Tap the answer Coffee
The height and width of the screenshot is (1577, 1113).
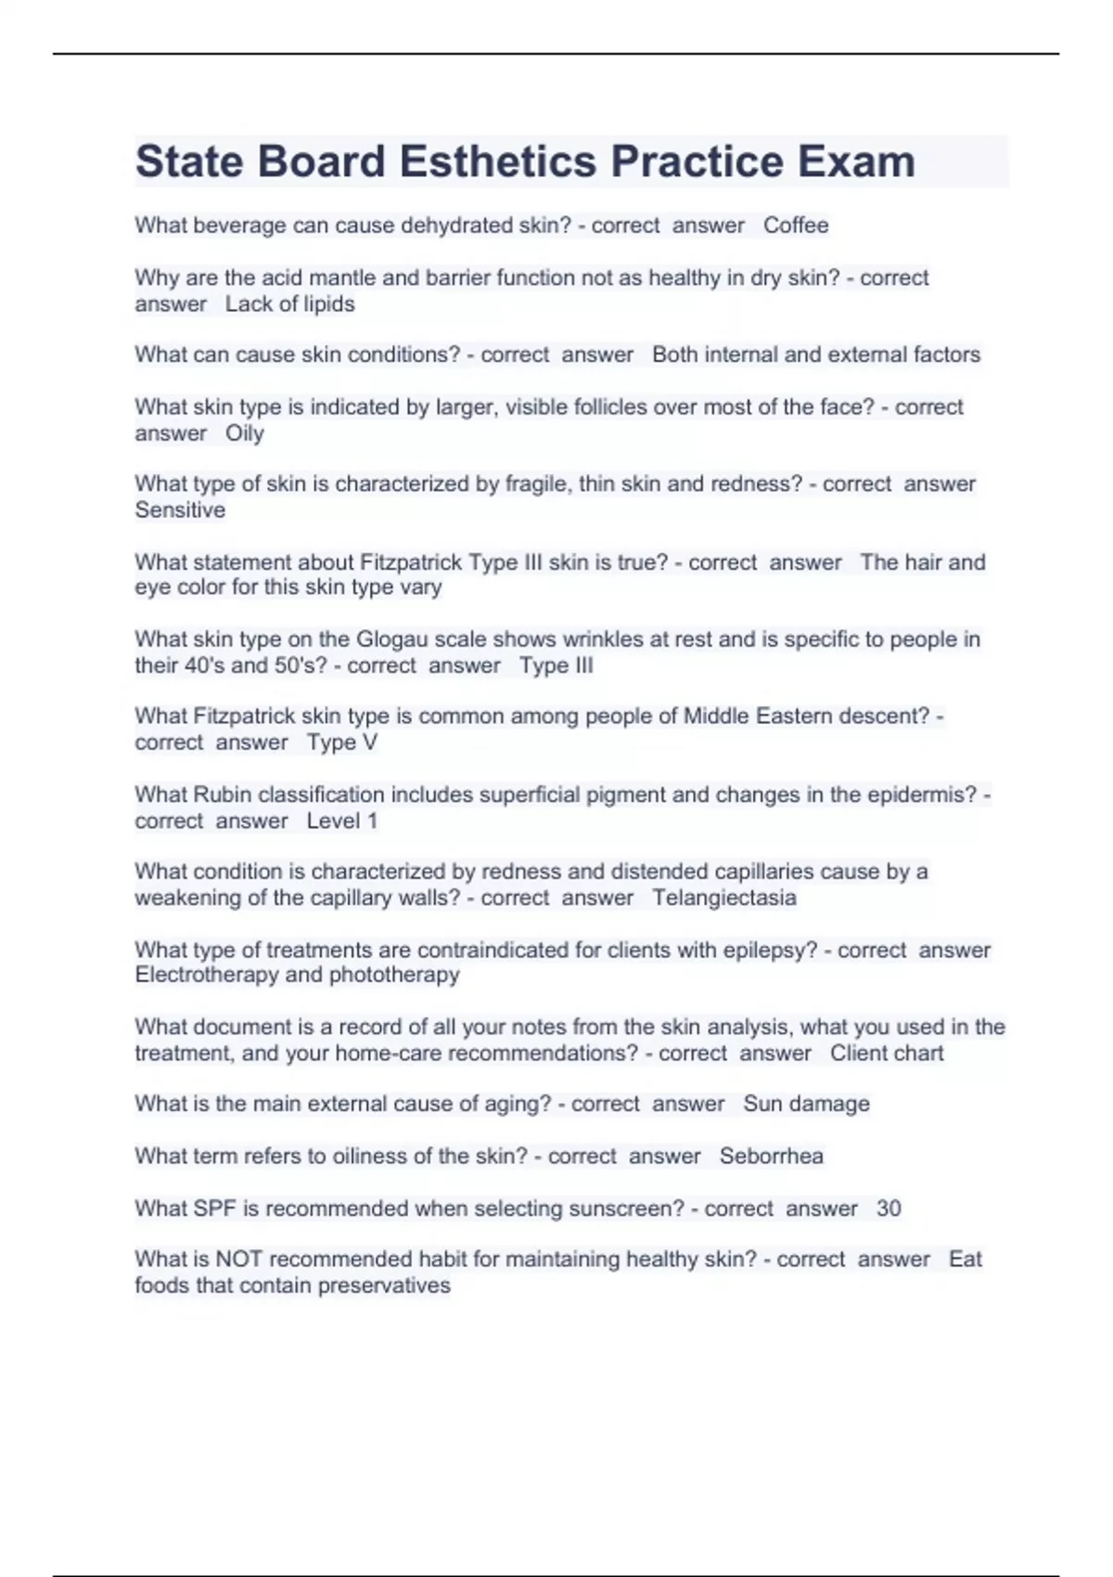(796, 225)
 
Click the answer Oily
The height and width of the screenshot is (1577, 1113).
(245, 433)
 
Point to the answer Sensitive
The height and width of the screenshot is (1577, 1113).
(180, 510)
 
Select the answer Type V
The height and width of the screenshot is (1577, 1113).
(342, 742)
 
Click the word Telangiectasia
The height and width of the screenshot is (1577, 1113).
(723, 898)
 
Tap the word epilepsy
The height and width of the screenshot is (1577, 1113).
(769, 950)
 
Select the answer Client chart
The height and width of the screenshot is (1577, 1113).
(887, 1053)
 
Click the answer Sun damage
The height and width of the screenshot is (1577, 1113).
(806, 1104)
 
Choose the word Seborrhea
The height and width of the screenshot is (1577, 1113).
(771, 1156)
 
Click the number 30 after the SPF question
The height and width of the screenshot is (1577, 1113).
(889, 1209)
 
